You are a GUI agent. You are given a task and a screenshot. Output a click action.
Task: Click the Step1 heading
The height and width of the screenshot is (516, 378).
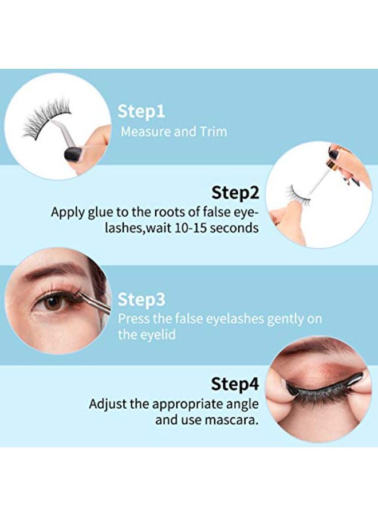[x=141, y=111]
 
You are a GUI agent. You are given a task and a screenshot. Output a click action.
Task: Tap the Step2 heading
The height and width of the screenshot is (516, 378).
[x=235, y=193]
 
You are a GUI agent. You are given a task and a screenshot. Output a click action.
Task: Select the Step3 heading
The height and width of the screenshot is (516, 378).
[x=141, y=299]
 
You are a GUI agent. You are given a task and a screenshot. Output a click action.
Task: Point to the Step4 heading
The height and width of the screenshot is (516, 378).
[x=235, y=384]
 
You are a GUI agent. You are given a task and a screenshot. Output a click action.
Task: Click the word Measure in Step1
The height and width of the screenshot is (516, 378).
[x=145, y=131]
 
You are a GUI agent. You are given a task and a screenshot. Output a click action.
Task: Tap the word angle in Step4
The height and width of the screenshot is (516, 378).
[x=243, y=404]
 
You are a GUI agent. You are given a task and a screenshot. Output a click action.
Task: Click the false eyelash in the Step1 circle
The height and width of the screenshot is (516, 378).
[x=44, y=122]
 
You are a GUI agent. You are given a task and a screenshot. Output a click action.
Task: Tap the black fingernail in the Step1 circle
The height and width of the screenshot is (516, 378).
[x=73, y=153]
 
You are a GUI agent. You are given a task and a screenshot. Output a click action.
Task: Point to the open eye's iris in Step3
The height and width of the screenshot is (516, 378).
[x=54, y=302]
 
